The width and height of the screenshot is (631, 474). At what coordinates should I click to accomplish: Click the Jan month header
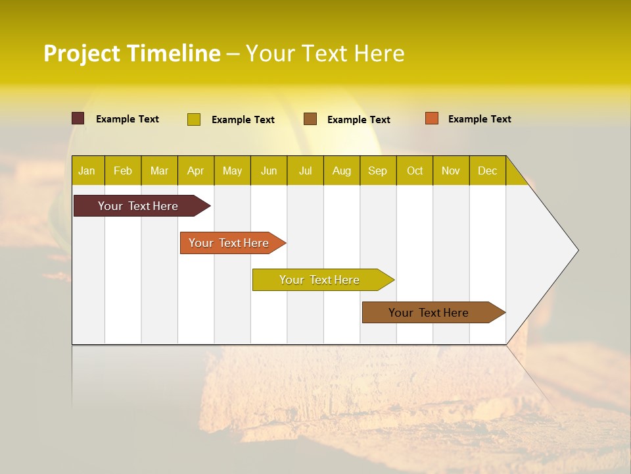point(87,171)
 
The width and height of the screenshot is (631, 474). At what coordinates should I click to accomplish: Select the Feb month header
point(123,171)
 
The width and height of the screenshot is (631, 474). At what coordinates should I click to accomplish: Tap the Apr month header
point(196,171)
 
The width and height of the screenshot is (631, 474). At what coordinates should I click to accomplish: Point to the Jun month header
point(269,171)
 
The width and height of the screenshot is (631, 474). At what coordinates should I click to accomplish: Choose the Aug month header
point(342,171)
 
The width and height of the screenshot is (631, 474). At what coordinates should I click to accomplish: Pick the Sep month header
point(377,171)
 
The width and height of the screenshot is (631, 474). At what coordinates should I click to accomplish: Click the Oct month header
point(415,171)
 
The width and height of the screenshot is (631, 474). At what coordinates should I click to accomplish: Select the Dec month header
point(487,171)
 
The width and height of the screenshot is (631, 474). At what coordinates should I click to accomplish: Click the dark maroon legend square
point(78,118)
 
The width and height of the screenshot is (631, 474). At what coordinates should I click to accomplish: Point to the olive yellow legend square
point(194,119)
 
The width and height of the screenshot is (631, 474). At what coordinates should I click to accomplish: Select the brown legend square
point(310,119)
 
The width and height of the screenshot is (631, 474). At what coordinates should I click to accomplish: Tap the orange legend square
point(432,118)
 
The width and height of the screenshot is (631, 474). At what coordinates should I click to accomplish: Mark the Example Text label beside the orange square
point(479,119)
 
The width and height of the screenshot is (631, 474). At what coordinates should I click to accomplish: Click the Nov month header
point(451,171)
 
